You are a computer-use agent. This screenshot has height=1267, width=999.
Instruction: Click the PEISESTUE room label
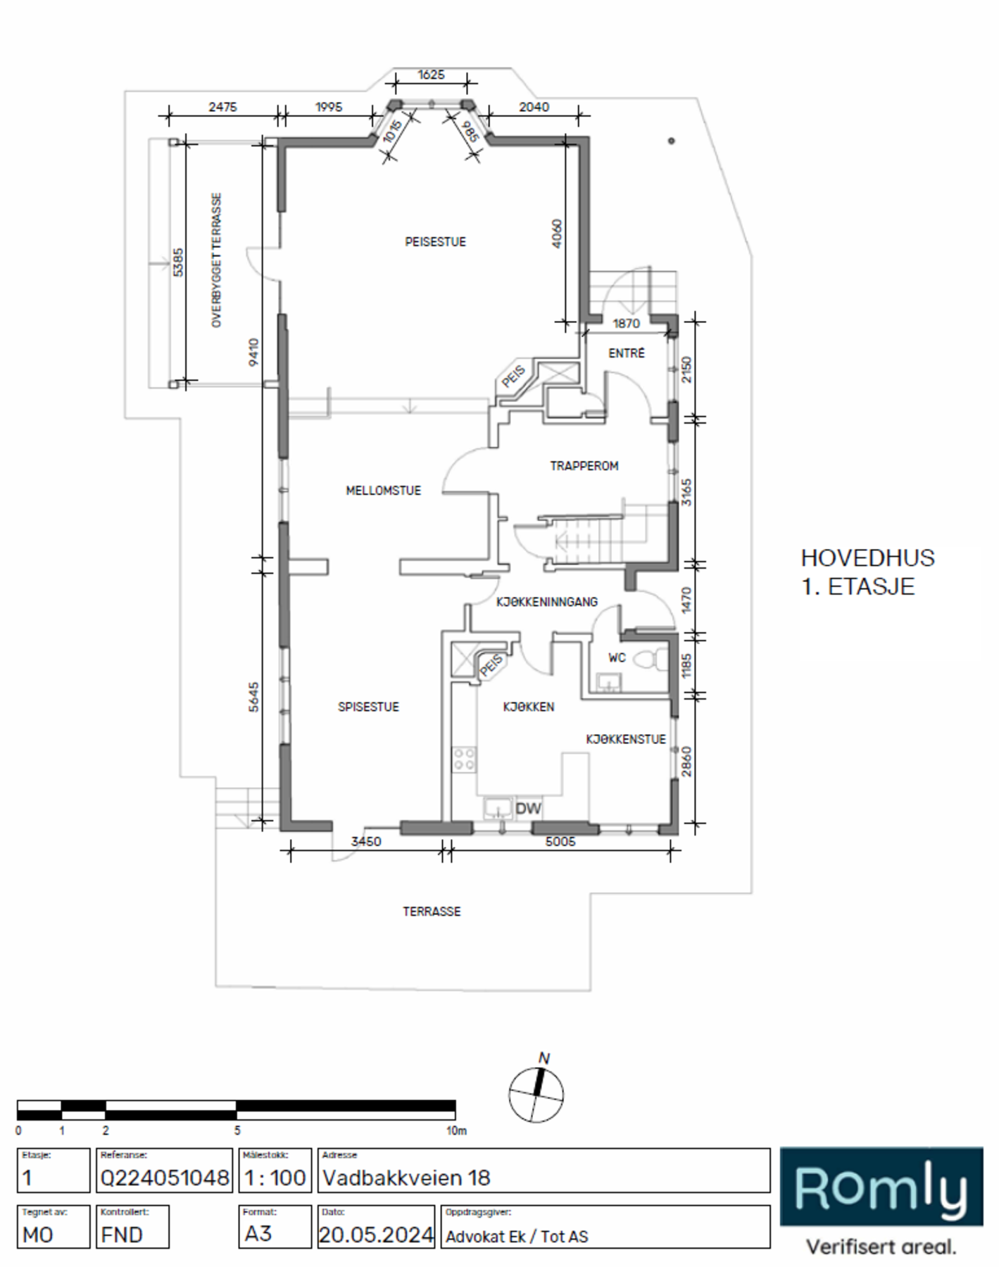(x=435, y=242)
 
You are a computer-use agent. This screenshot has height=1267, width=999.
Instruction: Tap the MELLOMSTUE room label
(x=383, y=491)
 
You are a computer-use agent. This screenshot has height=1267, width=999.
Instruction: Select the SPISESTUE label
(x=368, y=707)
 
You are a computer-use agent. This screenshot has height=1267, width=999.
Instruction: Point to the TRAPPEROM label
(x=584, y=466)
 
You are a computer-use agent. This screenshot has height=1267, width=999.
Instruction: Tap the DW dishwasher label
(x=528, y=809)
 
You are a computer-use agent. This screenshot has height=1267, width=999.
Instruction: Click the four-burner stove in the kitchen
(x=464, y=759)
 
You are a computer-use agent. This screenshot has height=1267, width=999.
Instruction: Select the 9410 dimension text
(x=253, y=352)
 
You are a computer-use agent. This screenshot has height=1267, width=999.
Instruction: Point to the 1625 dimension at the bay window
(x=431, y=75)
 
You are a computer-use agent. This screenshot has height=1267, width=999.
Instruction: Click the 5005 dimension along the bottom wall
(x=560, y=842)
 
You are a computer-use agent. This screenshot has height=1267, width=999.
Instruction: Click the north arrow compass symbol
(x=536, y=1093)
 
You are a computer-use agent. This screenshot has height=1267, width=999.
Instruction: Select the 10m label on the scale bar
(x=456, y=1131)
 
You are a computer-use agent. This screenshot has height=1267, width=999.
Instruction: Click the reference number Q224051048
(x=165, y=1178)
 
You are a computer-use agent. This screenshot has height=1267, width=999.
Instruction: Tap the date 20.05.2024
(x=376, y=1235)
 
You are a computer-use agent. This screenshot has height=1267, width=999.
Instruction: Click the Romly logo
(x=881, y=1187)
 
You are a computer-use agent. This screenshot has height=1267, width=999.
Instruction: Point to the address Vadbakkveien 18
(x=406, y=1178)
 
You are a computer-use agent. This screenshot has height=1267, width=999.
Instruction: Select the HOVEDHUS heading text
(x=867, y=558)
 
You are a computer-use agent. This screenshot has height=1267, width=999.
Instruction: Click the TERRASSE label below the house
(x=432, y=912)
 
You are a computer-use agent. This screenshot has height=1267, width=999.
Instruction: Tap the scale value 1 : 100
(x=275, y=1178)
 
